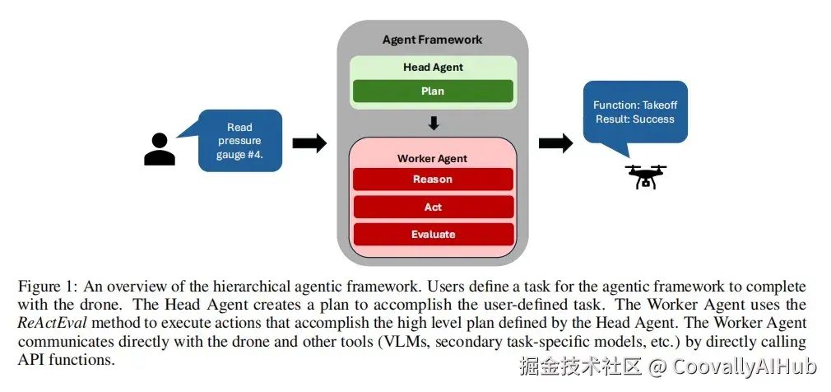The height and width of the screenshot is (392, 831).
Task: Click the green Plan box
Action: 433,91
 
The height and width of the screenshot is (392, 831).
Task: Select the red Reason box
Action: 433,180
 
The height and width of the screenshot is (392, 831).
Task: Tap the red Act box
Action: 433,207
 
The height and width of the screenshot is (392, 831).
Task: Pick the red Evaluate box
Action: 433,235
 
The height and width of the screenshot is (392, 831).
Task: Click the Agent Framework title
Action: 433,40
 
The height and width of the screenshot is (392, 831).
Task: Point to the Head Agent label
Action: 433,68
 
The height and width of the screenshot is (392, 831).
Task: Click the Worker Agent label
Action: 433,159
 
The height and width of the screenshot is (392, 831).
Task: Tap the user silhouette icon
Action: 160,149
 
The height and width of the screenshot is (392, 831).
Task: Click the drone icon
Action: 646,176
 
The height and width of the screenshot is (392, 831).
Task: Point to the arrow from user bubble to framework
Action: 309,142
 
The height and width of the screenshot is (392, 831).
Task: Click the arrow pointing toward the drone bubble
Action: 555,142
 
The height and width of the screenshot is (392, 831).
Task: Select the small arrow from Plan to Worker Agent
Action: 434,124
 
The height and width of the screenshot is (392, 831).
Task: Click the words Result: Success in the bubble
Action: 635,119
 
